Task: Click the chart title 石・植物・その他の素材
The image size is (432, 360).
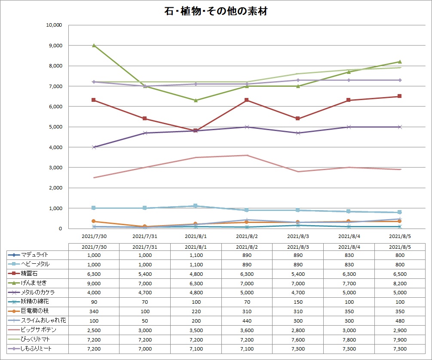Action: point(216,12)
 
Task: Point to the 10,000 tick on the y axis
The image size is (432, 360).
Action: point(55,25)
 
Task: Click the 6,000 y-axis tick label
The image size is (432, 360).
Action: point(56,107)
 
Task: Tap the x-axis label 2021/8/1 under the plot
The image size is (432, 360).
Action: point(196,236)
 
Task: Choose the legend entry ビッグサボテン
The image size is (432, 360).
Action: point(38,329)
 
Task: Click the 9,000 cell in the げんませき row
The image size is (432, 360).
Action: point(94,283)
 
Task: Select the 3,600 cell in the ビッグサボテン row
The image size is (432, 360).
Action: point(247,329)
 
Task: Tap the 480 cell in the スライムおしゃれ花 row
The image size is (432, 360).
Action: point(400,320)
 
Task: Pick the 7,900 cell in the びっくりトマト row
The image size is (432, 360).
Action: point(400,339)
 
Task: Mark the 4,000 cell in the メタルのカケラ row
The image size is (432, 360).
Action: point(94,292)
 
